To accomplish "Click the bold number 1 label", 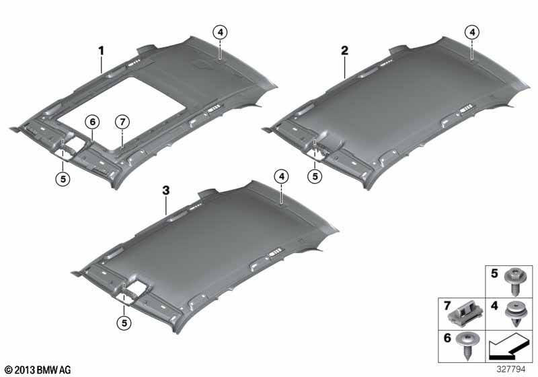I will [x=102, y=50].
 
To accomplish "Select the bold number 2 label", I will [x=344, y=50].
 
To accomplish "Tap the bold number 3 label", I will [x=165, y=191].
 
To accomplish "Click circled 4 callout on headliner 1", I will [x=221, y=30].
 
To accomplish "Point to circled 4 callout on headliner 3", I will [x=281, y=176].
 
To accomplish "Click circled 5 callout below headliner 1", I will [x=63, y=178].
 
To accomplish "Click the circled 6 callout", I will [x=92, y=121].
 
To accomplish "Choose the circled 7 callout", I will [x=121, y=122].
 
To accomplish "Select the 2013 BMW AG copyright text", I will [x=37, y=370].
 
